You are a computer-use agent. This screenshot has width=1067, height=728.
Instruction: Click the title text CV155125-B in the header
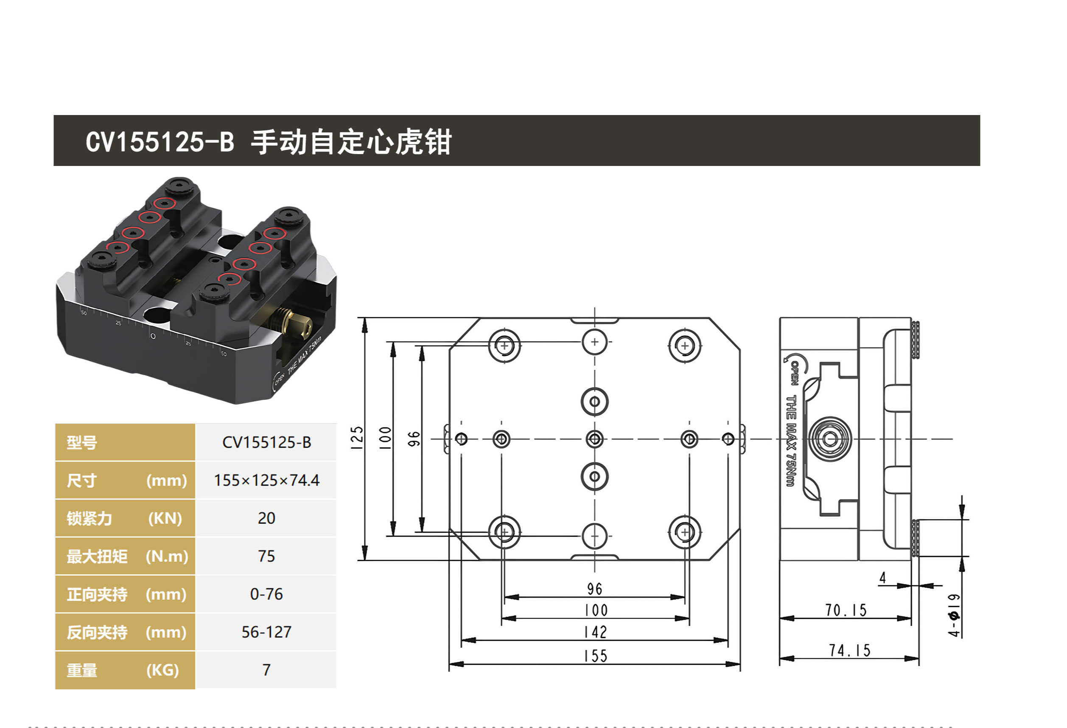click(x=160, y=141)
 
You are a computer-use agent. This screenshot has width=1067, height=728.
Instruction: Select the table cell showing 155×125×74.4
click(x=266, y=481)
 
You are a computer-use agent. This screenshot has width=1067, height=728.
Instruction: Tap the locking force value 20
click(x=266, y=518)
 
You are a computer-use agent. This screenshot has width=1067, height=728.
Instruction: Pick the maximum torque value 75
click(x=266, y=556)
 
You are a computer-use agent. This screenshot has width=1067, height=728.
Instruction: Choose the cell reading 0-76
click(x=266, y=594)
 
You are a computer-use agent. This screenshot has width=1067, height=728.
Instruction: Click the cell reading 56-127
click(x=266, y=632)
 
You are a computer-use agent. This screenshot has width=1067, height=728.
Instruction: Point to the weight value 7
click(x=266, y=670)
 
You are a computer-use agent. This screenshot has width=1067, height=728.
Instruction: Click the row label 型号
click(x=82, y=443)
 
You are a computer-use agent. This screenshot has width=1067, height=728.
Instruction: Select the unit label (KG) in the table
click(x=162, y=670)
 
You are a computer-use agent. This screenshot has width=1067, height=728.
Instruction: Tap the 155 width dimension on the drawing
click(x=596, y=656)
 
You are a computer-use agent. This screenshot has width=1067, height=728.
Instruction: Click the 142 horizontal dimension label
click(x=596, y=632)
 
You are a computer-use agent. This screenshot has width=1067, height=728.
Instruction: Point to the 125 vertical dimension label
click(x=357, y=438)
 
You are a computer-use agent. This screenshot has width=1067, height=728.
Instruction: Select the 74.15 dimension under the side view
click(x=849, y=650)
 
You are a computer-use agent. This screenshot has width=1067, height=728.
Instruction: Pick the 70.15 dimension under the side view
click(x=846, y=610)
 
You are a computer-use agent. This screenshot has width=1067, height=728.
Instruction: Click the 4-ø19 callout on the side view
click(x=954, y=616)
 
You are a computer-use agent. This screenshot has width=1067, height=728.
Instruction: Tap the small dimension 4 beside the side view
click(x=882, y=577)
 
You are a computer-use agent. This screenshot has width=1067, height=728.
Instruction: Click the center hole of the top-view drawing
click(x=594, y=439)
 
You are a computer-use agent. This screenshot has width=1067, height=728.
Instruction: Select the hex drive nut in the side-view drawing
click(x=830, y=439)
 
